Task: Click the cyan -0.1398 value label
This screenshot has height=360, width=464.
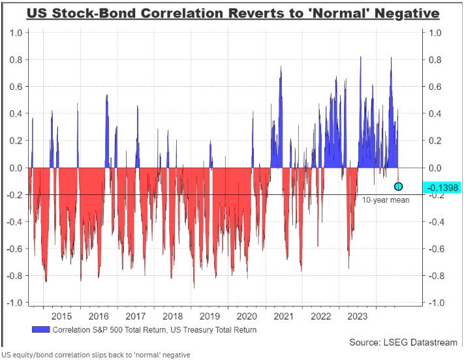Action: coord(441,188)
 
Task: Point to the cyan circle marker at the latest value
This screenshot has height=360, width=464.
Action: coord(399,187)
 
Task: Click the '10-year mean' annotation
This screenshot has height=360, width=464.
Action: coord(386,200)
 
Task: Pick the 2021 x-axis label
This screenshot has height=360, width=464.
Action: coord(283,316)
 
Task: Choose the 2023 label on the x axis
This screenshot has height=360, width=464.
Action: coord(358,316)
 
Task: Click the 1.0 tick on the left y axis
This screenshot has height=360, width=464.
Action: coord(16,33)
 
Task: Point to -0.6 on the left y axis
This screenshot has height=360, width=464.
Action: coord(14,248)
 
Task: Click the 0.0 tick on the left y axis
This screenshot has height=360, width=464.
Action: coord(16,168)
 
